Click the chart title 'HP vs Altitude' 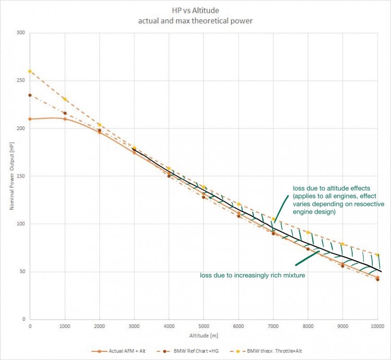click(195, 10)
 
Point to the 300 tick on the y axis click(21, 33)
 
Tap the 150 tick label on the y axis click(21, 176)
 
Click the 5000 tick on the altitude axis click(203, 326)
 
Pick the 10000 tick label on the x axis click(377, 326)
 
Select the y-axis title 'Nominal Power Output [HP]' click(11, 176)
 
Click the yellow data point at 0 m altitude click(30, 72)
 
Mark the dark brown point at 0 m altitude click(30, 95)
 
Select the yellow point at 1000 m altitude click(65, 99)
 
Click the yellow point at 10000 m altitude click(378, 255)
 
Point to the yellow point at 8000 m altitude click(308, 232)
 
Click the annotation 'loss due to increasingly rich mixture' click(253, 276)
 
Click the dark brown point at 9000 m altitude click(343, 265)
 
